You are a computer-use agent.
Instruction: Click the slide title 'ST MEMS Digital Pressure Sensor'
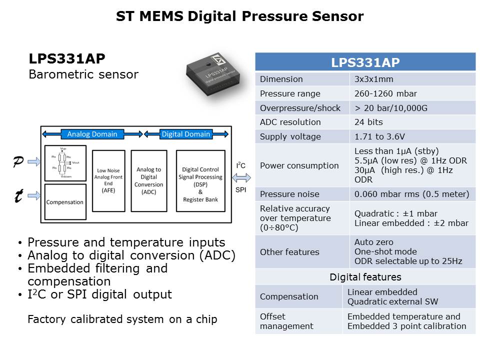click(x=239, y=16)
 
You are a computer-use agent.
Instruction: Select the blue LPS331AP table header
click(x=365, y=62)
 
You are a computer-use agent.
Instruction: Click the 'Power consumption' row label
click(x=299, y=165)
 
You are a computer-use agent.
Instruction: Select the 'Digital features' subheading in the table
click(x=365, y=277)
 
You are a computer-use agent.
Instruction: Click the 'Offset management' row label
click(x=286, y=321)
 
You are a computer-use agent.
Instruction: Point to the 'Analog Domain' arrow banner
click(x=92, y=134)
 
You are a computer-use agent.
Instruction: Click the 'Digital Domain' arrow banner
click(x=186, y=134)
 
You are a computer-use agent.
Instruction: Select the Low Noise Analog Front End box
click(x=109, y=181)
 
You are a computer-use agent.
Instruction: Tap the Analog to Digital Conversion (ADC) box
click(x=148, y=181)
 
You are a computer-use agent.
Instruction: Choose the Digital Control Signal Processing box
click(x=201, y=181)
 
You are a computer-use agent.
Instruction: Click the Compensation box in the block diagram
click(x=65, y=202)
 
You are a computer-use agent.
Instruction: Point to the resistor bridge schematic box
click(x=65, y=163)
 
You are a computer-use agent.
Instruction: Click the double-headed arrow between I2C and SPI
click(x=241, y=177)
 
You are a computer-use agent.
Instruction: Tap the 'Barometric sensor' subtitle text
click(x=83, y=75)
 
